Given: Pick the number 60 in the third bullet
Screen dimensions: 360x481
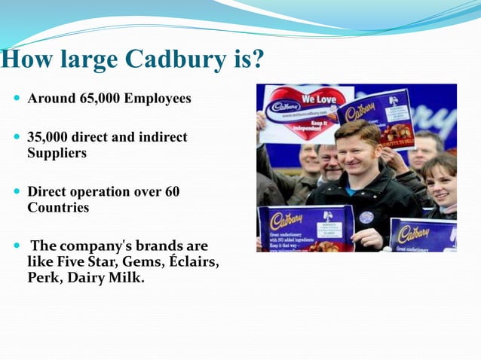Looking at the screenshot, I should point(172,192).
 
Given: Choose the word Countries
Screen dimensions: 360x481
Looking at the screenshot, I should point(58,207).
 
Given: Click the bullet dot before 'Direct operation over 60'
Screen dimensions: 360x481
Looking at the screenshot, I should point(17,192).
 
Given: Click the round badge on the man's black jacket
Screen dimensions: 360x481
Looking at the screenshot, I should point(366,217).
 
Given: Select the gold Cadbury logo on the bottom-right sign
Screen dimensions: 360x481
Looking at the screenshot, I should point(414,233).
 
